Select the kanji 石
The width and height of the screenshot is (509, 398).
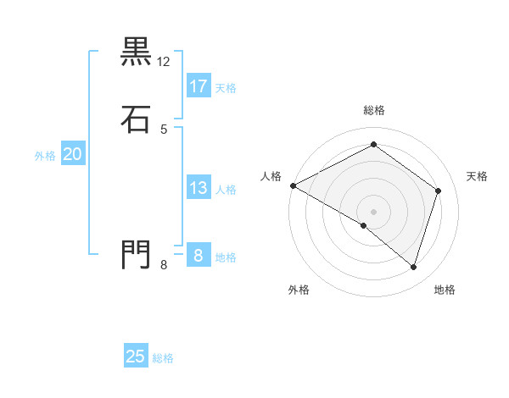coord(136,119)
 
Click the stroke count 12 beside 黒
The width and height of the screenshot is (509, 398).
coord(164,62)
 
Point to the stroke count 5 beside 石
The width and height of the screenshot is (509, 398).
coord(164,129)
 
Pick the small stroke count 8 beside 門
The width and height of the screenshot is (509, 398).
coord(164,265)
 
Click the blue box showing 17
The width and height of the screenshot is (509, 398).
coord(199,86)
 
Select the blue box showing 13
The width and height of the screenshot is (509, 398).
coord(199,188)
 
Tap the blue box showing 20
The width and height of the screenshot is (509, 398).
coord(72,154)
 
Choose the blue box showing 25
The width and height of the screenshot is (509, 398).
coord(136,357)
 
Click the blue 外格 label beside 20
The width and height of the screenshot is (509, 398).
coord(45,156)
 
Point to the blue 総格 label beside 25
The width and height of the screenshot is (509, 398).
coord(163,358)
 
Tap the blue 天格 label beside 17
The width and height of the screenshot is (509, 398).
coord(226,88)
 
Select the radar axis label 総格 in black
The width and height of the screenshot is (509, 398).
coord(374,110)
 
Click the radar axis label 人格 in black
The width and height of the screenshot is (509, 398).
coord(271,176)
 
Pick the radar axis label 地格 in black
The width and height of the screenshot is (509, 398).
coord(445,290)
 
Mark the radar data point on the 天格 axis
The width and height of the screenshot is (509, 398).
coord(439,191)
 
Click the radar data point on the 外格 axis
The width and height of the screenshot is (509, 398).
coord(364,225)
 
